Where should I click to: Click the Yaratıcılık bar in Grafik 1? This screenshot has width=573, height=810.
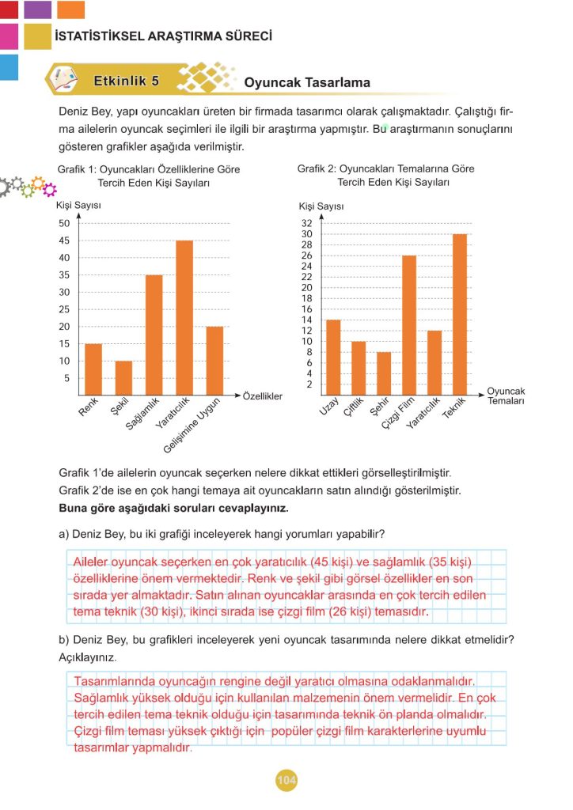[184, 317]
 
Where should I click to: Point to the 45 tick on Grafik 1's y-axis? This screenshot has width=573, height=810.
[63, 240]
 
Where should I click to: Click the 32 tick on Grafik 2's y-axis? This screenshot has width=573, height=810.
[307, 224]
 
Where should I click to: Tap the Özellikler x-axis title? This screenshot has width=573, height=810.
[263, 396]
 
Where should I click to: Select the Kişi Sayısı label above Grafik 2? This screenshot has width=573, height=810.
[321, 206]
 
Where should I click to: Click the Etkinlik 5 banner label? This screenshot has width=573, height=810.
[127, 81]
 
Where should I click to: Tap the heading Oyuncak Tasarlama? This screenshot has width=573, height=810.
[307, 82]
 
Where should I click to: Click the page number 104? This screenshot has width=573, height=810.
[286, 782]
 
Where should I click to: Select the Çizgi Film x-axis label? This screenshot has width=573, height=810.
[397, 413]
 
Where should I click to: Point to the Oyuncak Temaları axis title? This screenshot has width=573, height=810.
[507, 396]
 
